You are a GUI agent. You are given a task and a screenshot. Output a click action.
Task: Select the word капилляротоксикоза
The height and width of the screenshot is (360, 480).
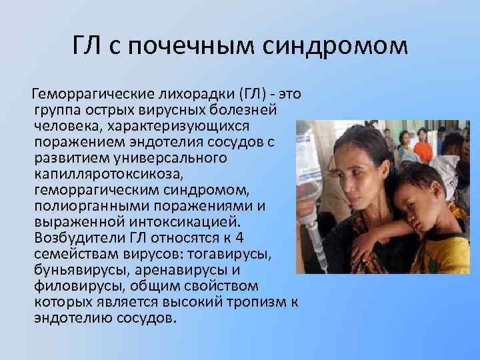107,174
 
